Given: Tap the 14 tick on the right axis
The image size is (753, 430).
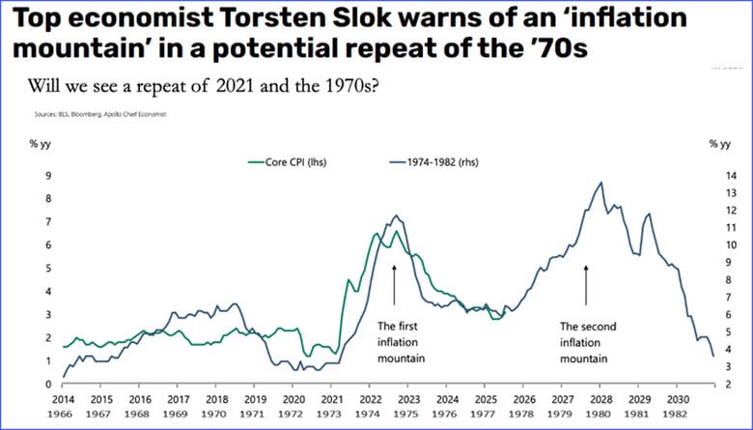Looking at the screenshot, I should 715,176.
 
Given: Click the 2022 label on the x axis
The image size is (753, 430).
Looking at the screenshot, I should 370,398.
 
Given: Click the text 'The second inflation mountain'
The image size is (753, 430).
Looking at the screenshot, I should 584,342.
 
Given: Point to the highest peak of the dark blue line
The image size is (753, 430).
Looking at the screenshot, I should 601,182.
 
